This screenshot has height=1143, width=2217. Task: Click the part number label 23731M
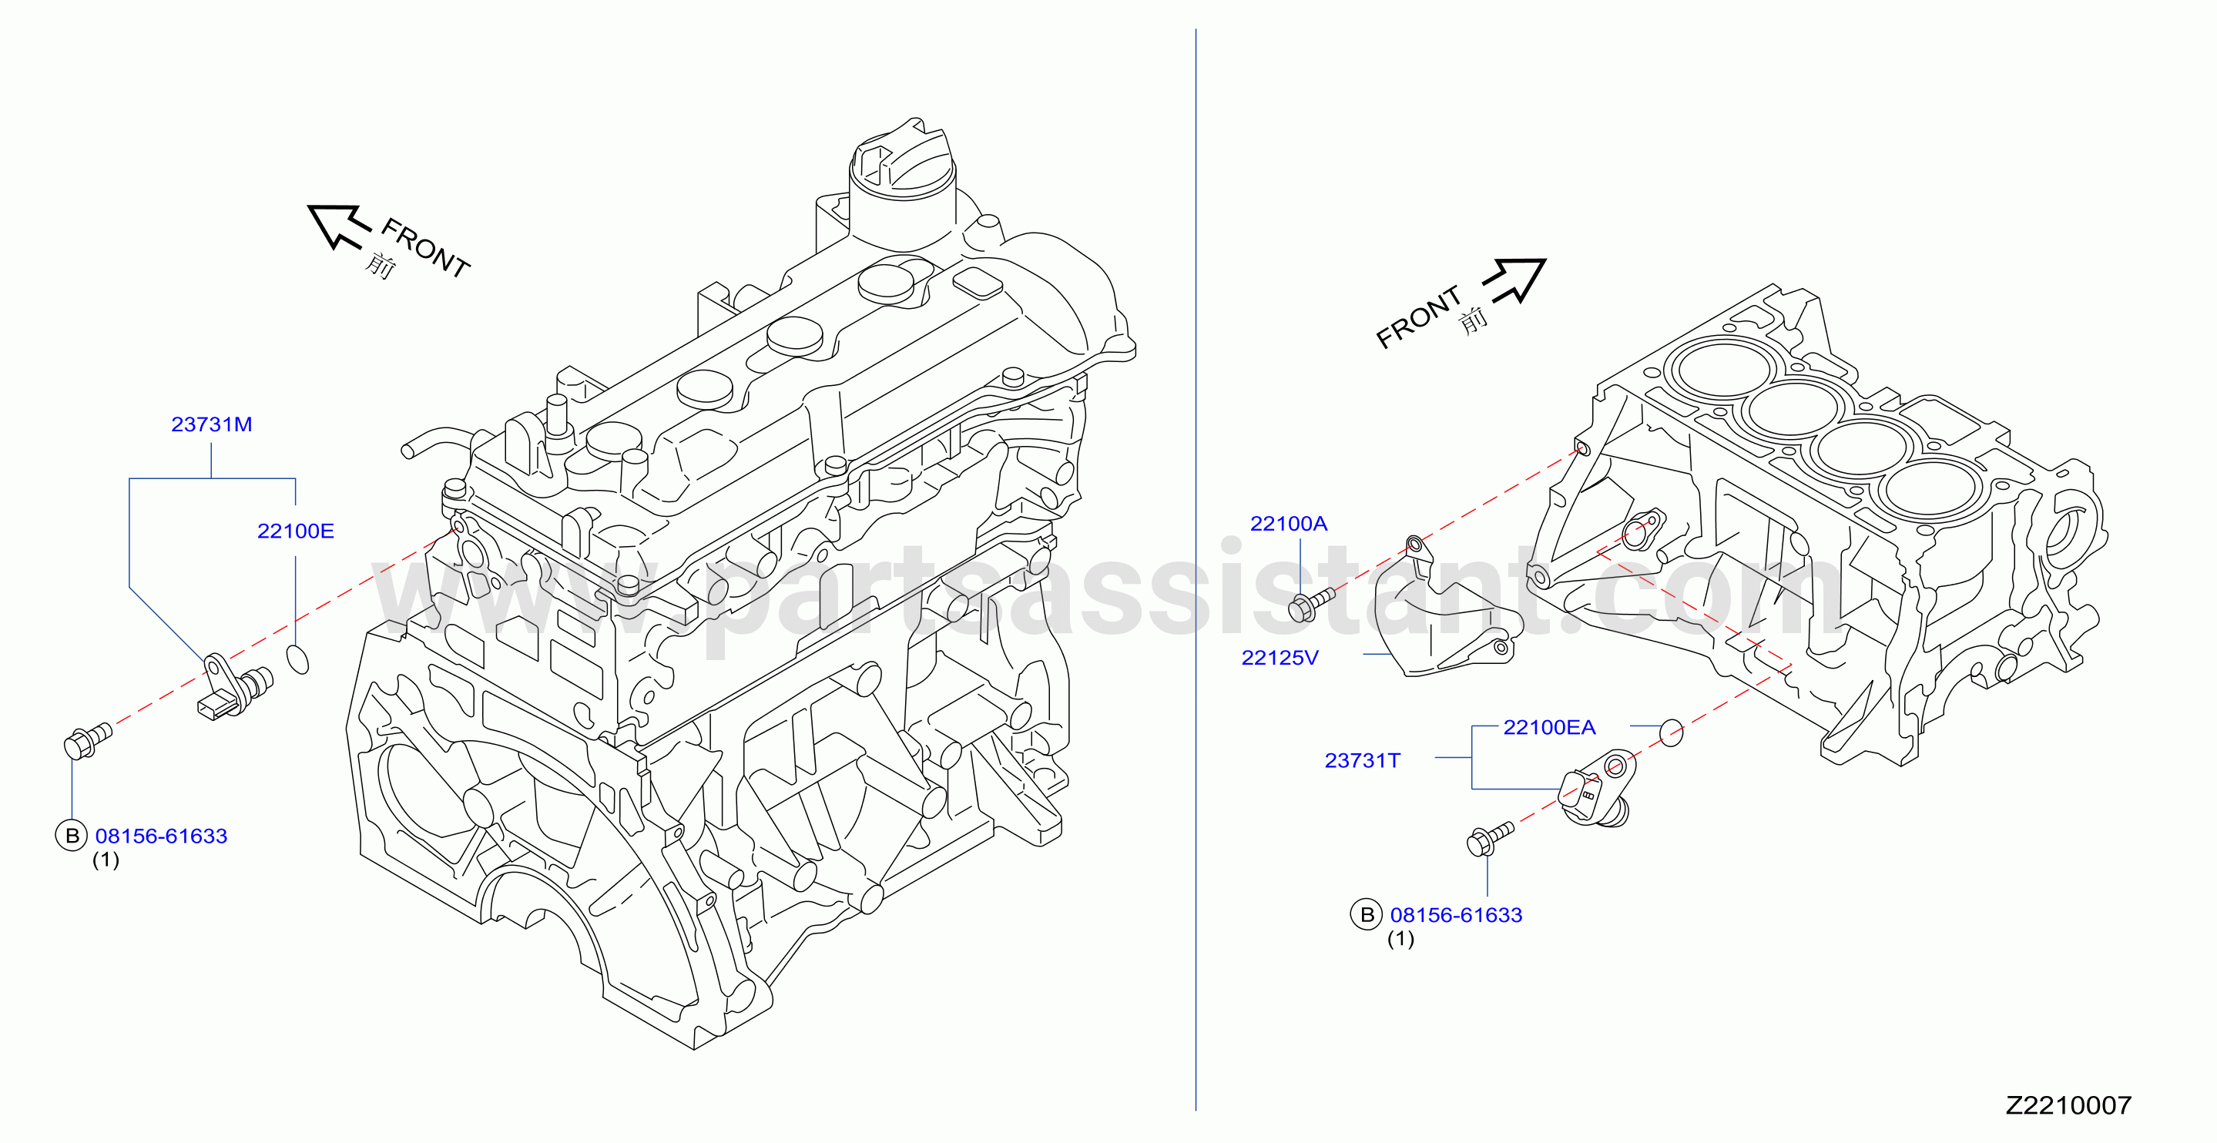[x=212, y=424]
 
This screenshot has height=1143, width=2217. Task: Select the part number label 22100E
[x=295, y=531]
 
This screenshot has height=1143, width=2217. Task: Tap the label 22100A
[x=1289, y=523]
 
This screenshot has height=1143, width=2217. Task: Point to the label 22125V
[x=1280, y=658]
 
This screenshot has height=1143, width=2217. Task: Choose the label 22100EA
[x=1549, y=727]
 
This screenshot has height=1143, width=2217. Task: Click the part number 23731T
[x=1363, y=760]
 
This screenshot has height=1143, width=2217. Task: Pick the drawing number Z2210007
[x=2068, y=1105]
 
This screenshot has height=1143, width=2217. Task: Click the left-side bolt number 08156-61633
[x=161, y=836]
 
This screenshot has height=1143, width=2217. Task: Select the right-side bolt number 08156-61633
[x=1456, y=915]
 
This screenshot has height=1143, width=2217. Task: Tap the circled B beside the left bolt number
[x=72, y=835]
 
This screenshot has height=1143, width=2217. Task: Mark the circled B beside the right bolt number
[x=1367, y=914]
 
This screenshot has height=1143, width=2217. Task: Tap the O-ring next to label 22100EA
[x=1671, y=732]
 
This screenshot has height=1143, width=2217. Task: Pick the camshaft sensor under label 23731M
[x=235, y=687]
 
